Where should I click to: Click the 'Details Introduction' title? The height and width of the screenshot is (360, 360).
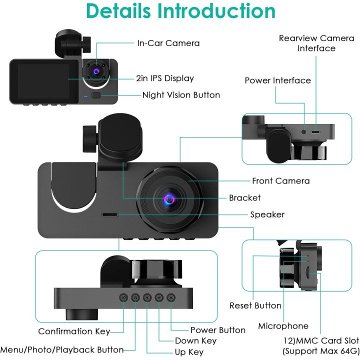point(180,11)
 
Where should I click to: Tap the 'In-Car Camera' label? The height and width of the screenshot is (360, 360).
point(168,43)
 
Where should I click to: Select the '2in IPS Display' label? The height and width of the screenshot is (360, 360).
point(165,78)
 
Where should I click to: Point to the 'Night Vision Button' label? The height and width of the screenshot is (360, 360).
point(181,95)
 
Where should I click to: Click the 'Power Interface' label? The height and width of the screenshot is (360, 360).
point(277,80)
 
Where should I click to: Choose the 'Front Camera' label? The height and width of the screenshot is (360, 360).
point(281,181)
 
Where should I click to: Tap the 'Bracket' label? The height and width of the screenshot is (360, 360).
point(244,197)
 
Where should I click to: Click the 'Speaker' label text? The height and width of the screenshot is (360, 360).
point(267,214)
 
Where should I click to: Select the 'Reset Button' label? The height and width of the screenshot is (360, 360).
point(255,305)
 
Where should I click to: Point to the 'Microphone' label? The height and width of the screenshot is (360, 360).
point(283,326)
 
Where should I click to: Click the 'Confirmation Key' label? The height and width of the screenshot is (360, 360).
point(74,331)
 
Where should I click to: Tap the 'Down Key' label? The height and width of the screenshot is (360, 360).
point(195,340)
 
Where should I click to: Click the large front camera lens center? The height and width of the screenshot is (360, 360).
point(170,199)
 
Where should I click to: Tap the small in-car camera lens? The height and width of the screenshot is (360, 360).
point(96,71)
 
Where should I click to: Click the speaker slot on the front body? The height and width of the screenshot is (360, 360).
point(109,214)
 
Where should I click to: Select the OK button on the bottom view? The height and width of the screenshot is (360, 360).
point(123,298)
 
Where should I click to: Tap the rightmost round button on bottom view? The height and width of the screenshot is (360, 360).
point(171,297)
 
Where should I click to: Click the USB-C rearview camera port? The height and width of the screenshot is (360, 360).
point(315,132)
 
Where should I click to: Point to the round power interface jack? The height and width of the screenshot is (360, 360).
point(304,132)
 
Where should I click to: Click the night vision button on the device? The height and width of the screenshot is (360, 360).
point(96,95)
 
